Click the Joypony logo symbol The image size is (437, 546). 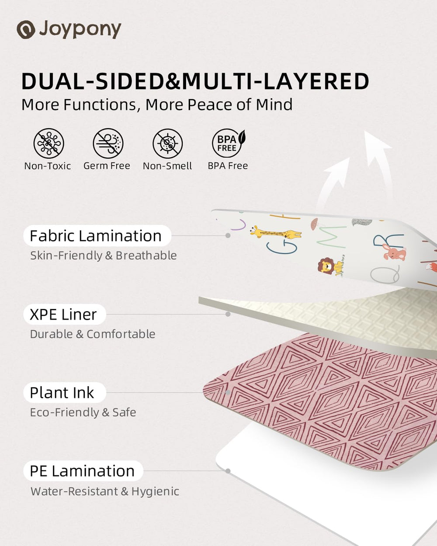click(x=26, y=29)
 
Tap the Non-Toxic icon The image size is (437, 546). click(x=49, y=143)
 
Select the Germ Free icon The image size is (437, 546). click(x=108, y=143)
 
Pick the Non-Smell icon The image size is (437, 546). click(x=167, y=143)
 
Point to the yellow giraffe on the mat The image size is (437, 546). click(x=275, y=232)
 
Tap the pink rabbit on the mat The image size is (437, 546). click(x=394, y=252)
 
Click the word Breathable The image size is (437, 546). click(x=146, y=256)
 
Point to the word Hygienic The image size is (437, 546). click(x=156, y=491)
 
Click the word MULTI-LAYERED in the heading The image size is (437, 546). click(x=276, y=81)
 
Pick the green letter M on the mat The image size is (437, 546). click(x=332, y=237)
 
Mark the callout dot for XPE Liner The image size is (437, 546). click(x=228, y=314)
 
